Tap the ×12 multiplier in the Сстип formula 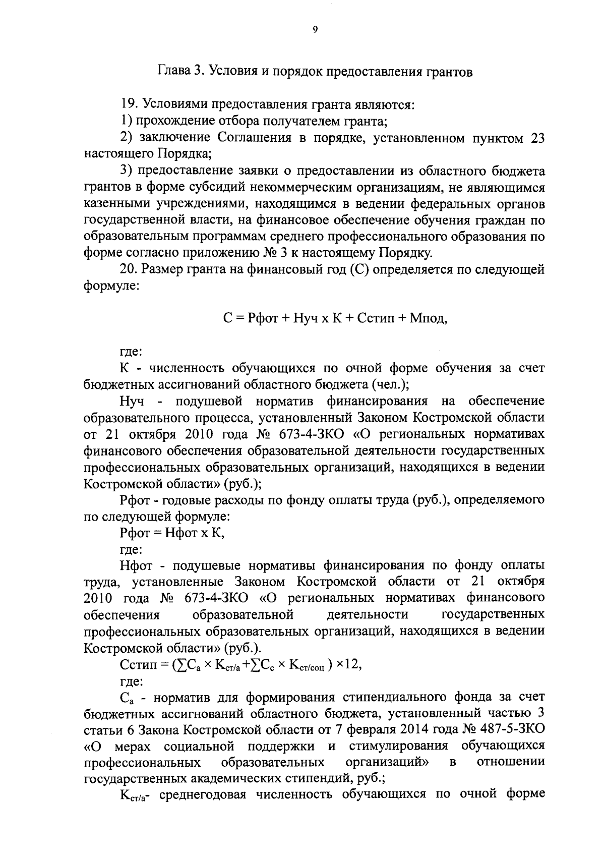click(350, 664)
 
